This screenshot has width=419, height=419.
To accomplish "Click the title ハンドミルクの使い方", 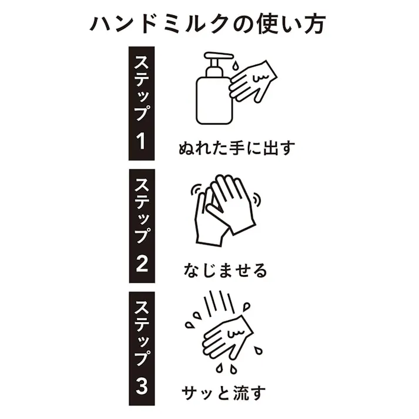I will coord(209,24).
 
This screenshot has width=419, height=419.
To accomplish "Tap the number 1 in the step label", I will coord(142,141).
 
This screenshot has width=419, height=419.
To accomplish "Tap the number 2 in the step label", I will coord(142,263).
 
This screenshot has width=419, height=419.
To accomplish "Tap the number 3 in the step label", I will coord(142,386).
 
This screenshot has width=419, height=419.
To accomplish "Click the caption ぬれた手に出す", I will coord(236,146).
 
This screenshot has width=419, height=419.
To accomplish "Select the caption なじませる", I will coord(224,270).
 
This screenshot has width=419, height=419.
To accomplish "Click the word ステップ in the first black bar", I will coord(142,88).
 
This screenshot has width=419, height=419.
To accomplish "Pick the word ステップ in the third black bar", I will coord(142,333).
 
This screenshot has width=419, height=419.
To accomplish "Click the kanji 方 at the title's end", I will coord(316,24).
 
